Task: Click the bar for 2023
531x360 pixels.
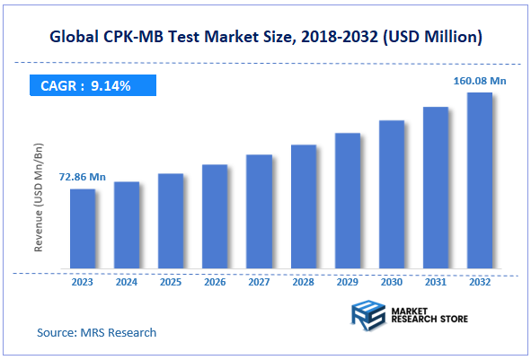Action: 83,229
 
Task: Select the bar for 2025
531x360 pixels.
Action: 171,221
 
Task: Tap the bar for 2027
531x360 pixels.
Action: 259,212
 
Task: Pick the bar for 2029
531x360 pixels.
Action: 348,201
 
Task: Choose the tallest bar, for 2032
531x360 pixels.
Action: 480,180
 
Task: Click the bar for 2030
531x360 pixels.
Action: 392,194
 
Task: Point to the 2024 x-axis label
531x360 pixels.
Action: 127,281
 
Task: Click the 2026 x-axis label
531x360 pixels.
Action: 215,281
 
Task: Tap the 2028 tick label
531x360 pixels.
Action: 304,281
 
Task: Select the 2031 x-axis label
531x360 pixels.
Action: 436,281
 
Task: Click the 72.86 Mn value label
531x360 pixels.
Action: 83,178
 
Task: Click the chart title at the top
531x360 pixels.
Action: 267,37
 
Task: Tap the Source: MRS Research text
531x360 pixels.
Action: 96,333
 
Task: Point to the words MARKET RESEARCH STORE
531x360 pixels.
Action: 429,315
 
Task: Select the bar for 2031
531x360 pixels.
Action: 436,188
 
